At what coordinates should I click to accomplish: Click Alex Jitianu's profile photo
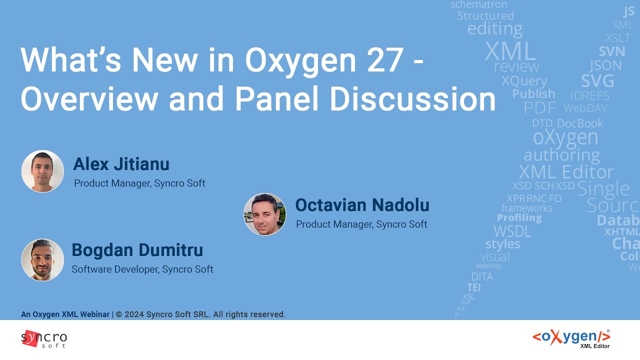click(x=42, y=171)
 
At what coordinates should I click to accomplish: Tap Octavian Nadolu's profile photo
click(x=265, y=214)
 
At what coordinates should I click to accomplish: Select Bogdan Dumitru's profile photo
click(x=42, y=259)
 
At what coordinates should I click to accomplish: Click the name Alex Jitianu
click(x=121, y=164)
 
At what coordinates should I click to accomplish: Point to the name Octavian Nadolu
click(x=362, y=205)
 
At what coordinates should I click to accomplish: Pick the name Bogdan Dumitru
click(x=137, y=250)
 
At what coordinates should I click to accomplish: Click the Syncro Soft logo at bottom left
click(x=44, y=339)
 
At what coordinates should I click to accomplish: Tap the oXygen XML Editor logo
click(x=571, y=338)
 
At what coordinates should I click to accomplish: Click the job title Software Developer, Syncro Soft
click(x=142, y=269)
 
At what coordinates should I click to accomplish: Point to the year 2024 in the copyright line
click(x=134, y=314)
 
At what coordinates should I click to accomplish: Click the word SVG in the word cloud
click(x=597, y=81)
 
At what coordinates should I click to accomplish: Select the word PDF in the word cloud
click(x=539, y=108)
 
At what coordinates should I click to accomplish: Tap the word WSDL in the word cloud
click(x=512, y=231)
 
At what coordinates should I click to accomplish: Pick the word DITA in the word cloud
click(x=482, y=276)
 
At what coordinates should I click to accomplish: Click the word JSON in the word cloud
click(x=605, y=65)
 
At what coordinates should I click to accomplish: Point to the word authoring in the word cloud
click(x=561, y=155)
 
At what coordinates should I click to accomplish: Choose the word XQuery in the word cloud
click(x=524, y=81)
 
